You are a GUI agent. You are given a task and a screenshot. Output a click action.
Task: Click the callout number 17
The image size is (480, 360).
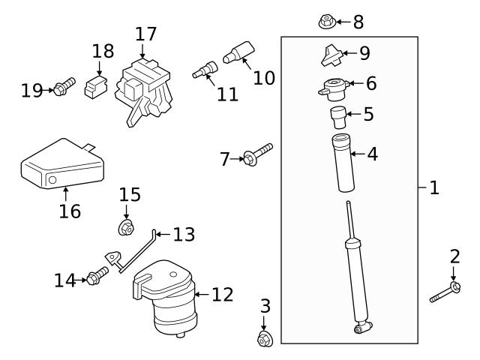tap(145, 34)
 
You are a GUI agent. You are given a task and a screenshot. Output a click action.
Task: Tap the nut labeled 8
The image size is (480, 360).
tap(325, 22)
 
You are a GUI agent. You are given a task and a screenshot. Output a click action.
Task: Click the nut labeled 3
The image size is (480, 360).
tap(263, 340)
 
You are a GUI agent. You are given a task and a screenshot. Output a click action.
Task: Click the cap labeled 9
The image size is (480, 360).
tap(331, 55)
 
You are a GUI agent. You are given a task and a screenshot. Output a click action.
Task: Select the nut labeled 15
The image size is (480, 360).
tap(126, 226)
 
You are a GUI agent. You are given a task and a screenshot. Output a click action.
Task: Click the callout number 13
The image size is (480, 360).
tap(184, 235)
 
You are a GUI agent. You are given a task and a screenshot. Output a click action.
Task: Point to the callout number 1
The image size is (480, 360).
tap(433, 187)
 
